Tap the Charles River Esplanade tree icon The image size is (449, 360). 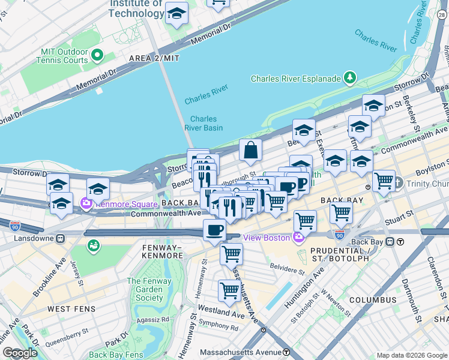(x=349, y=78)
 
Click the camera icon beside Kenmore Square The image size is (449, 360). (x=86, y=203)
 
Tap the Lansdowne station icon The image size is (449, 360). (x=60, y=238)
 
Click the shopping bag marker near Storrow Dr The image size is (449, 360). (x=250, y=151)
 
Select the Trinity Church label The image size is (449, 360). (x=427, y=184)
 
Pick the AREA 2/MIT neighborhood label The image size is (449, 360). (x=154, y=58)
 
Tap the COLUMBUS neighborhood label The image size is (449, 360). (x=373, y=299)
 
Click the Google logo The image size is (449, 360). (x=20, y=353)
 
